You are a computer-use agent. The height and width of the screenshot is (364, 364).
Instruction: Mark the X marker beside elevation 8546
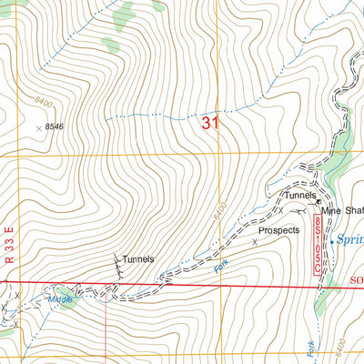click(39, 128)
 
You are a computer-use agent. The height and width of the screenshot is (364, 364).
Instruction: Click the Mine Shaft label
click(344, 211)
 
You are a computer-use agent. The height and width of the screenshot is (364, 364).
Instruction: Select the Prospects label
click(278, 231)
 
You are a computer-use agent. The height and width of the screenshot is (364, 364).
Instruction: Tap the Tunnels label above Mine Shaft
click(299, 196)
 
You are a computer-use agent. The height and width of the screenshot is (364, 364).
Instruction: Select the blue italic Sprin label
click(349, 240)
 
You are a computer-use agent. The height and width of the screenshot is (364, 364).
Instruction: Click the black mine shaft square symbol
click(319, 202)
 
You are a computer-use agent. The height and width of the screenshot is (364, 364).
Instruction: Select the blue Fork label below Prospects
click(217, 268)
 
